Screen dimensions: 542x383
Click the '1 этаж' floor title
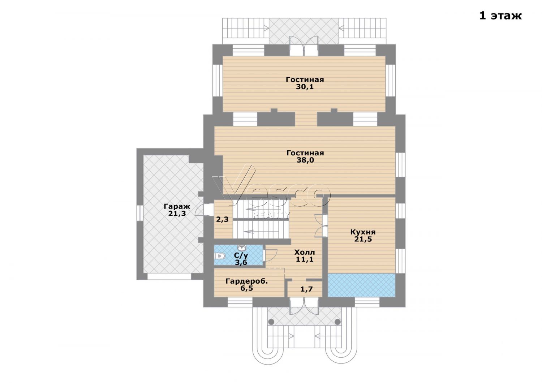tap(500, 16)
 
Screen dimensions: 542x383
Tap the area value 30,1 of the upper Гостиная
tap(305, 87)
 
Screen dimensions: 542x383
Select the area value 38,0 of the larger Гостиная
tap(305, 160)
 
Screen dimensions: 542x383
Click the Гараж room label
tap(177, 206)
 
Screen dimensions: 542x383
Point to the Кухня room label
tap(363, 232)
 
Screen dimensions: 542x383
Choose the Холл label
tap(305, 252)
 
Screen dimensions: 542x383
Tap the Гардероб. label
tap(246, 281)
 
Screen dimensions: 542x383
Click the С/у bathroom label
tap(241, 255)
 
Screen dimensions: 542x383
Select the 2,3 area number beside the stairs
tap(222, 219)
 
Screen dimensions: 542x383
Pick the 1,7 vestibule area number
tap(306, 289)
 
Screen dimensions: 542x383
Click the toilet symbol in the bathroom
tap(220, 256)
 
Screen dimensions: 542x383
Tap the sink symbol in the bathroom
tap(242, 248)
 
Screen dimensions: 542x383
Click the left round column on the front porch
tap(271, 322)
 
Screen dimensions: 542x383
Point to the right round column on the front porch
tap(337, 322)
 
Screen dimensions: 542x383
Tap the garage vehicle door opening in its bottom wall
tap(169, 276)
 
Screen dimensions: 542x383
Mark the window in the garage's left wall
tap(139, 213)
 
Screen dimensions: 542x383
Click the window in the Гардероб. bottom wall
tap(240, 302)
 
